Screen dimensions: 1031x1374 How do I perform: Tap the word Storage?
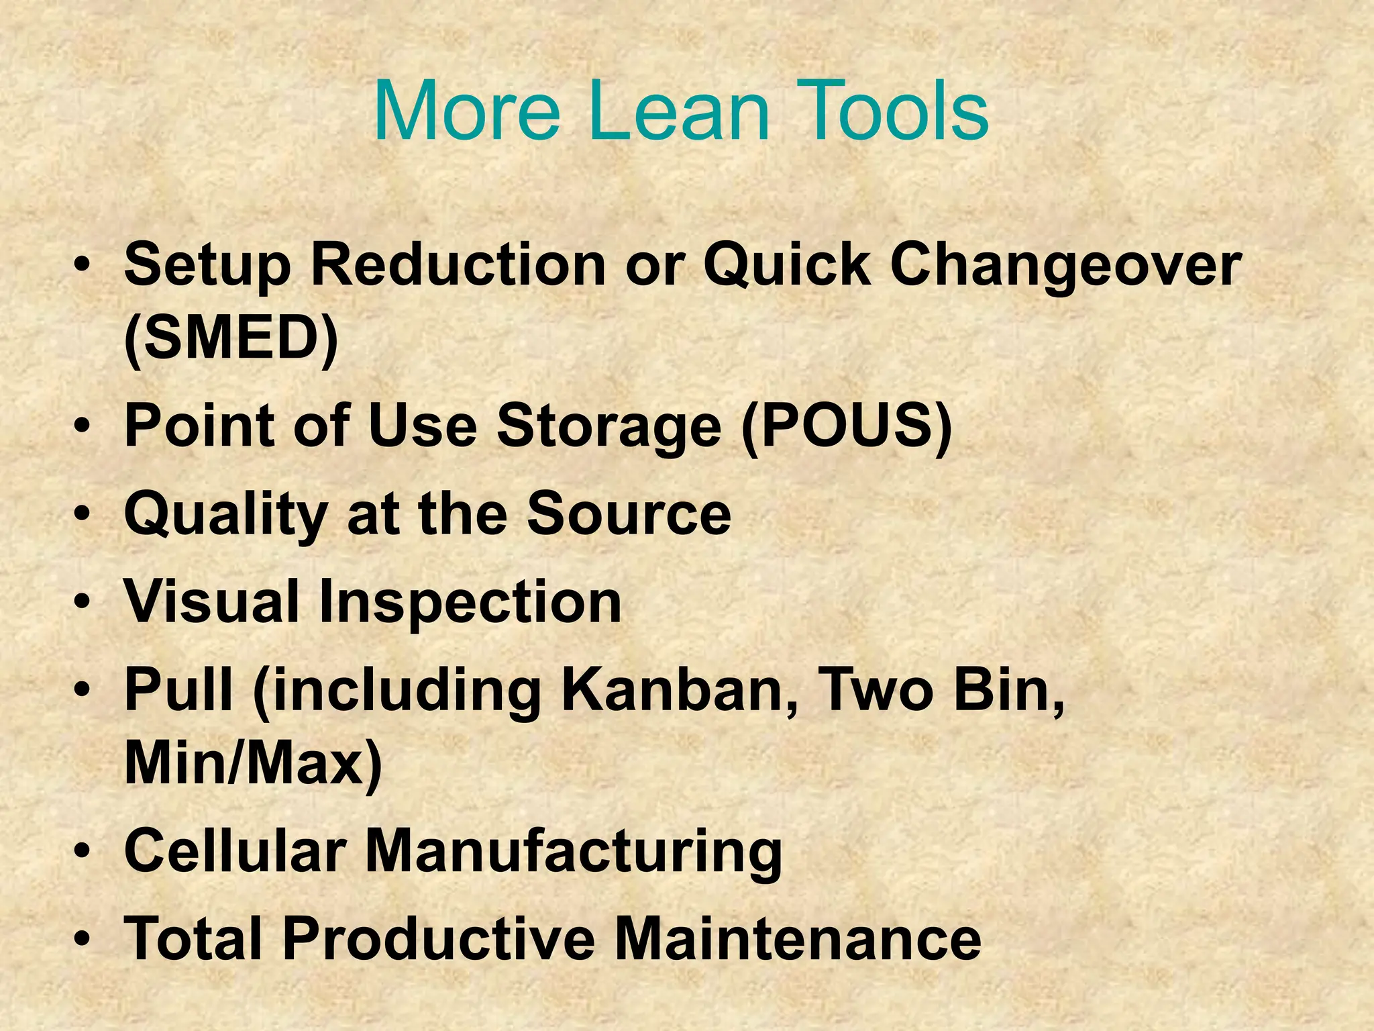click(x=609, y=427)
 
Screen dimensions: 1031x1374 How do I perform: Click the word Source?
click(x=629, y=514)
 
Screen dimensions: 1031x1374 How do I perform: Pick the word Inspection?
click(x=470, y=603)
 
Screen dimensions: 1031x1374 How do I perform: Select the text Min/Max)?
click(x=253, y=764)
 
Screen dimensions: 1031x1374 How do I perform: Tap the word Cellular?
click(x=235, y=850)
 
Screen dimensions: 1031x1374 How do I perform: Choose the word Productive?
click(x=438, y=938)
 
